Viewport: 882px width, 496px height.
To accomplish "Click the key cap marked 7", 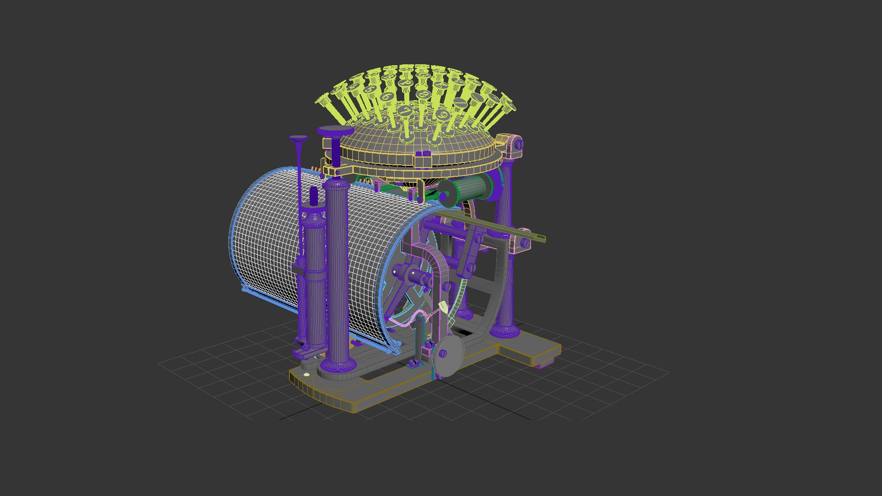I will coord(405,111).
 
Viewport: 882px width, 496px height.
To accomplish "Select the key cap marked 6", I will coord(387,96).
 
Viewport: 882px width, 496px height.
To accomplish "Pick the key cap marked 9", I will coord(443,114).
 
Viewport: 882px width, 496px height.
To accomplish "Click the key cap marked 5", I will coord(370,89).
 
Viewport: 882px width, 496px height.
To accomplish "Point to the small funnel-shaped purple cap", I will coord(298,138).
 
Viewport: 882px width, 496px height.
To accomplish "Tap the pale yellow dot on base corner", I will coord(306,374).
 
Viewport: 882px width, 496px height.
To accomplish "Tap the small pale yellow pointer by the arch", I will coord(443,307).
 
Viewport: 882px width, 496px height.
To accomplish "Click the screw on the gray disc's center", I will coord(443,353).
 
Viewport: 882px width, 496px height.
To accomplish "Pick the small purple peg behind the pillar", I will coord(314,197).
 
